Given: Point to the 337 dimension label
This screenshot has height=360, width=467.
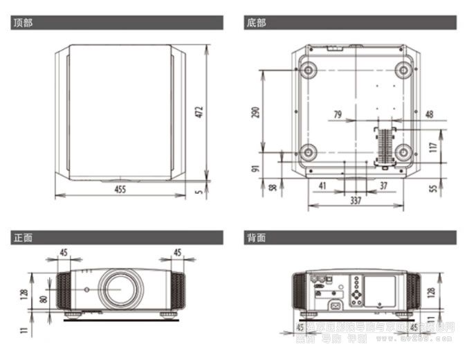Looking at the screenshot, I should [355, 201].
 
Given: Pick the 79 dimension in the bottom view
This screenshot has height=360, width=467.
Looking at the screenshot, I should [338, 114].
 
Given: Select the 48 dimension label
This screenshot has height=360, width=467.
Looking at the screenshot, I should [429, 114].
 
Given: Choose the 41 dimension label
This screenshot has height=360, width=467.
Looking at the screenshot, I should [322, 185].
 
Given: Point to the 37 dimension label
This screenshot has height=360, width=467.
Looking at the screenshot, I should [384, 185].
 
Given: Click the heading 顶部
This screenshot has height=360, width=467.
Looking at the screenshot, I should [23, 23].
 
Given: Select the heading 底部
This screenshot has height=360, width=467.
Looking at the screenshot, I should [256, 23].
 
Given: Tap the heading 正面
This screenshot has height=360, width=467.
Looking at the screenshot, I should [23, 237].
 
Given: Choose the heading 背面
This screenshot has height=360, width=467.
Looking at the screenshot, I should [256, 237].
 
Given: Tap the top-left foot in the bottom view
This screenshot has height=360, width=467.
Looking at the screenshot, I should [307, 69].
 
